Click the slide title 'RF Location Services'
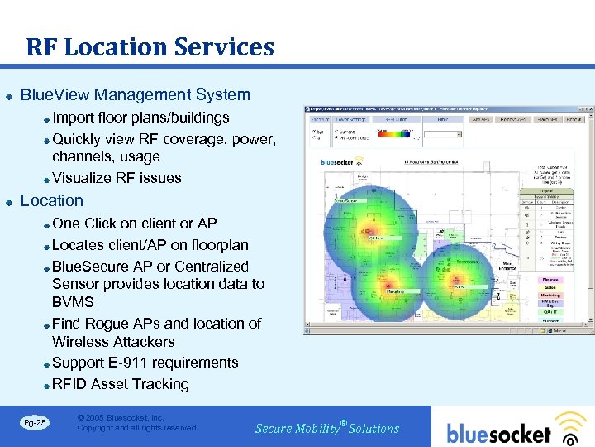[150, 47]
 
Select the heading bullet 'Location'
[51, 200]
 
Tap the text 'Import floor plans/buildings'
[140, 118]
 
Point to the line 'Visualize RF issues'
[117, 178]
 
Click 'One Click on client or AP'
[134, 223]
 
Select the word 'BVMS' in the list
[73, 302]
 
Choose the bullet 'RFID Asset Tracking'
[121, 384]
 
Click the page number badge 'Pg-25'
[36, 423]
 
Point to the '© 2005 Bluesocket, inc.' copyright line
[121, 418]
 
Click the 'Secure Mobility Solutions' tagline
[327, 429]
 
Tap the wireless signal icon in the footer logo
[569, 430]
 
